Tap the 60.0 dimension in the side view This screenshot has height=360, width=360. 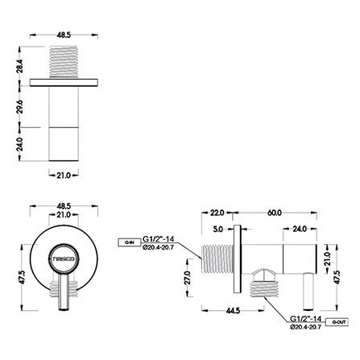point(273,213)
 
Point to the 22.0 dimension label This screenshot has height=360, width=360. point(216,213)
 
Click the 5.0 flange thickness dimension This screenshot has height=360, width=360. point(219,229)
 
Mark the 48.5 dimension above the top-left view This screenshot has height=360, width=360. point(63,35)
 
